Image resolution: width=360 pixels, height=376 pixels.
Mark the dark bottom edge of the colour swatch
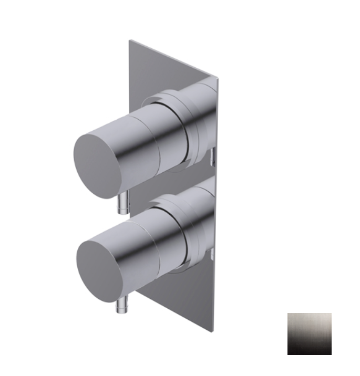click(x=309, y=351)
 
